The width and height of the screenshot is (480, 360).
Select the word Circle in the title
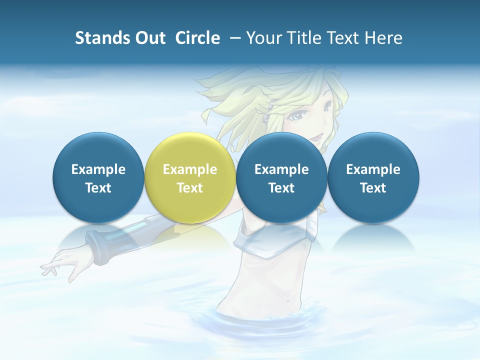[x=197, y=38]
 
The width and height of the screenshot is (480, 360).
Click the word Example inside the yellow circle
[x=190, y=169]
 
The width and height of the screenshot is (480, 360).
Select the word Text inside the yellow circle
[x=190, y=188]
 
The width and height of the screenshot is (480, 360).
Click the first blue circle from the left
[x=98, y=177]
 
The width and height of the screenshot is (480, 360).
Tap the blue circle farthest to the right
[x=373, y=177]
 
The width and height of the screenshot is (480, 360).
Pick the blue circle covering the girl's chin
[x=281, y=177]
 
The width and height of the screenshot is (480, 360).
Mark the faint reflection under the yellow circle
[x=190, y=235]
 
